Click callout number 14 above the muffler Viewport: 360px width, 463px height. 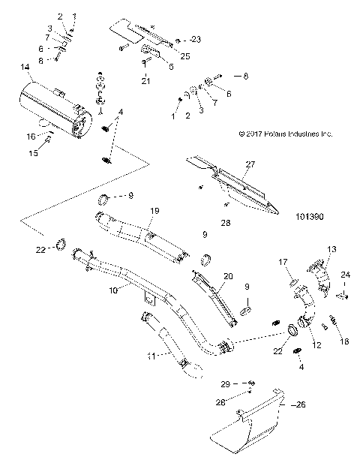click(26, 68)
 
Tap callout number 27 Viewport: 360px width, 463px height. click(250, 163)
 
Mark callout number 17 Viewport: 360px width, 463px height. click(284, 262)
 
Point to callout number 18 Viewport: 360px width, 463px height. click(345, 340)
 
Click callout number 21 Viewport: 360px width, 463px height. click(147, 80)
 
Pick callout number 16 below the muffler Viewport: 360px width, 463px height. click(31, 136)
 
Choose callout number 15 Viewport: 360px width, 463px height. click(33, 153)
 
